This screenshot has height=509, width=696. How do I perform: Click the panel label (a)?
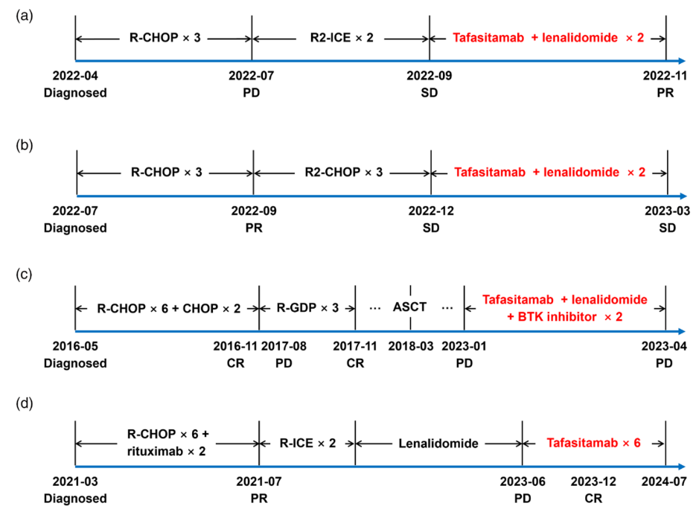coord(24,14)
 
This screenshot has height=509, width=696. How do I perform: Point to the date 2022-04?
coord(74,76)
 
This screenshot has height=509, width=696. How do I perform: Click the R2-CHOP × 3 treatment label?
coord(342,172)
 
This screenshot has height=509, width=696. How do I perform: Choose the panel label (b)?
coord(24,148)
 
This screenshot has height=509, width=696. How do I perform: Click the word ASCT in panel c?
coord(409,307)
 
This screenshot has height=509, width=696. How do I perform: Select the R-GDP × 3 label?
coord(308,307)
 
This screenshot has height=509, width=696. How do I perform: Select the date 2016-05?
coord(74,347)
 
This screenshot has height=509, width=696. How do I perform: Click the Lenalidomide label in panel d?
coord(439,443)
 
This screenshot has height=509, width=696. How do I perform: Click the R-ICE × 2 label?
coord(307,443)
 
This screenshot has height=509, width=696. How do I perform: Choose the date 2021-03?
coord(74,481)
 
